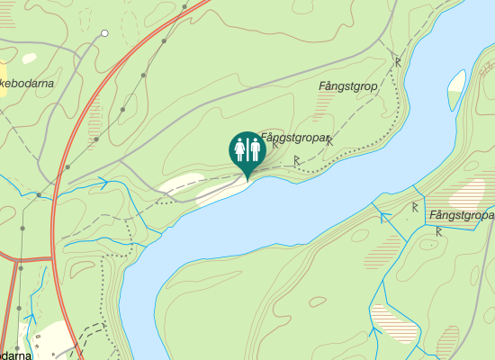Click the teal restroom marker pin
coord(246,150)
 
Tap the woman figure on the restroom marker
coord(240,149)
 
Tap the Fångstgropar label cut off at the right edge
coord(462,216)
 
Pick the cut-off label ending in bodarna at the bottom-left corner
coord(16,355)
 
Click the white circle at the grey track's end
coord(104,33)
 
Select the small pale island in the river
coord(456,88)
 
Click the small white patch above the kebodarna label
coord(30,58)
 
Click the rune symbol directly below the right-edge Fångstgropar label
coord(438,231)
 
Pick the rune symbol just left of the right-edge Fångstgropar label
coord(414,207)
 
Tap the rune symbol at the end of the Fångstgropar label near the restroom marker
coord(329,139)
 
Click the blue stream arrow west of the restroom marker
coord(104,183)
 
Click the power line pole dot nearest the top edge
coord(184,6)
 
